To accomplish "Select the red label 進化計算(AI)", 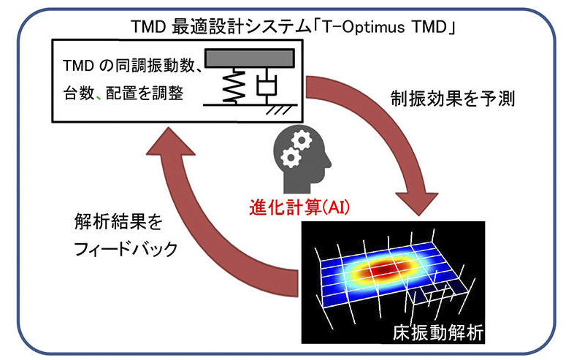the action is (299, 207).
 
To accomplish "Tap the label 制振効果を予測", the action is (453, 99).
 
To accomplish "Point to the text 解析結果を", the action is (118, 221).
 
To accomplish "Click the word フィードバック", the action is (126, 250).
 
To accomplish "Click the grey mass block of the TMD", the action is (250, 58).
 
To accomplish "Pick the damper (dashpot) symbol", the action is (267, 86).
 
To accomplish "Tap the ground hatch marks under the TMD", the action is (278, 110).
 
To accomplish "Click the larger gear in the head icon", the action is (302, 139).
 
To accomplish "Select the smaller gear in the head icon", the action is (291, 158).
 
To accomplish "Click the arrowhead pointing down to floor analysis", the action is (417, 202).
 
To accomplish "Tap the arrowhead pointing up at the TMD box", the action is (170, 142).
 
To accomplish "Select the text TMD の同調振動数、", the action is (132, 66).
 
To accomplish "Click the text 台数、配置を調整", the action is (123, 93).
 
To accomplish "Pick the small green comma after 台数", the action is (99, 96).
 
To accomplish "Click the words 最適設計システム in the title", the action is (241, 27).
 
